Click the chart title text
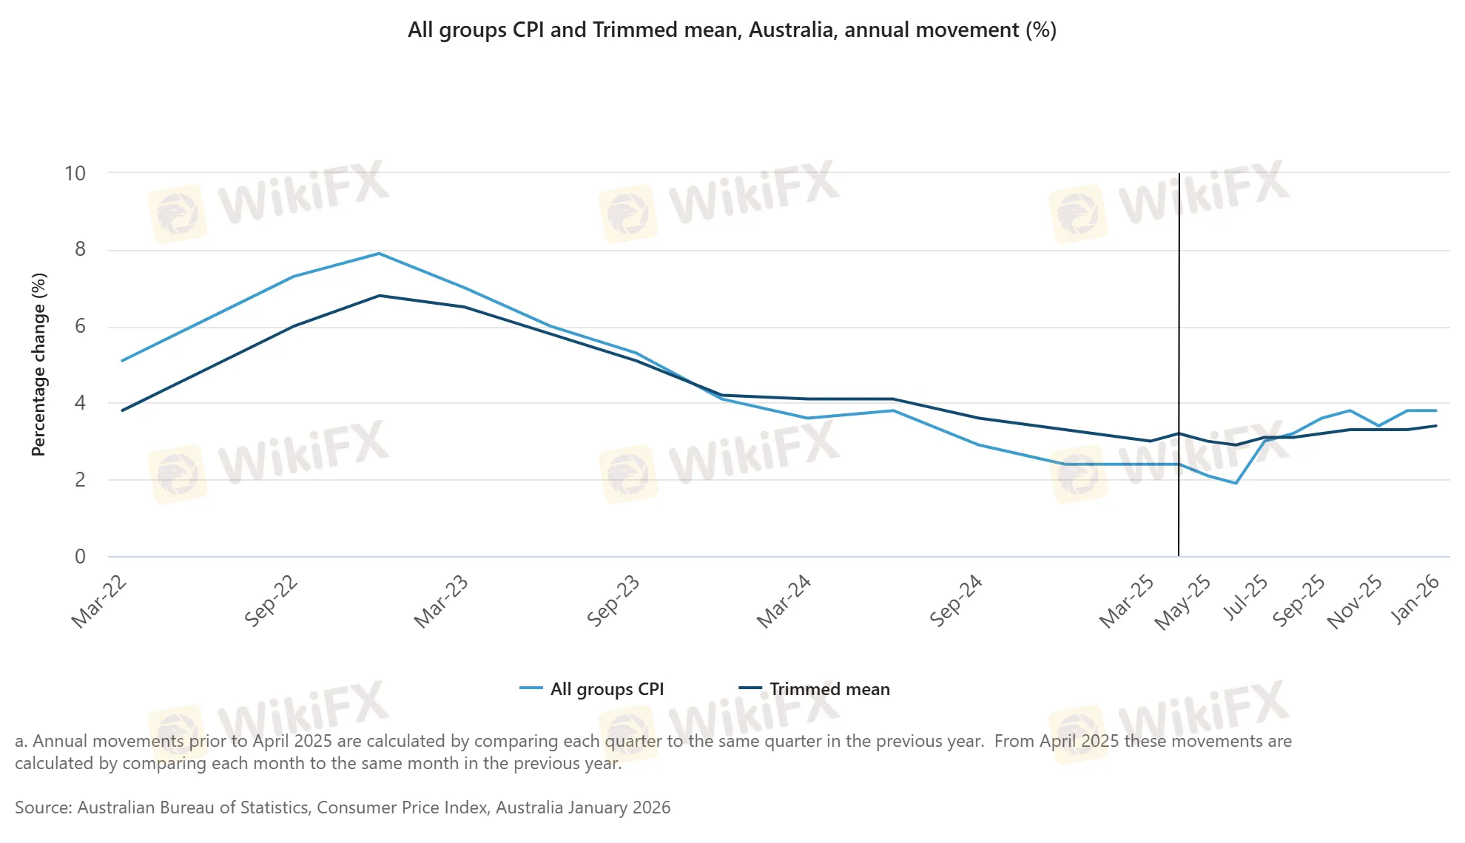point(732,30)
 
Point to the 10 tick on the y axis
point(75,174)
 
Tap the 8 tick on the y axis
point(80,250)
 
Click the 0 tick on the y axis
point(80,557)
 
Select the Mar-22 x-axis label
point(99,602)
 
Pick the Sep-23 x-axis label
point(613,600)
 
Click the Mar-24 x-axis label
point(784,602)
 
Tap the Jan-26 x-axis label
point(1415,600)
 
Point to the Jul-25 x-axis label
point(1245,598)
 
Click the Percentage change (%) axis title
point(39,365)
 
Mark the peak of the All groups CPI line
point(380,254)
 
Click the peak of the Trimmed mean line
point(380,296)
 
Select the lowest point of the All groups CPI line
point(1236,484)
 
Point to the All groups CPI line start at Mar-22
point(123,361)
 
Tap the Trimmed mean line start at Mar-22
point(123,410)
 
